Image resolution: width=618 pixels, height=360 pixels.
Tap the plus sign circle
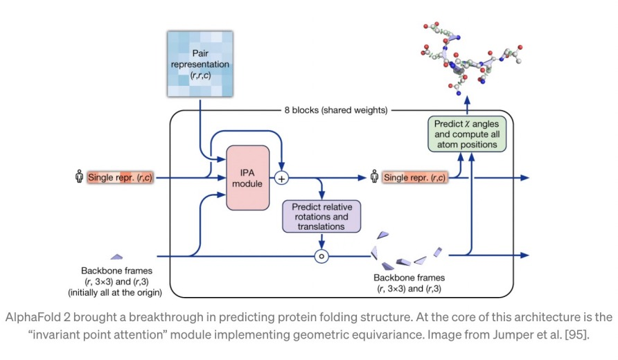(x=281, y=178)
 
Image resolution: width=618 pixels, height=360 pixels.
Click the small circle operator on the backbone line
(x=321, y=256)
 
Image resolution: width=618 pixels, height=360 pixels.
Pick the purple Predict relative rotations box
(x=320, y=215)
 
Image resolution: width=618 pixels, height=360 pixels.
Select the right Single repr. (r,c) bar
(x=415, y=178)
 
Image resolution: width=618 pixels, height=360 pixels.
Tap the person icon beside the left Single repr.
(x=79, y=178)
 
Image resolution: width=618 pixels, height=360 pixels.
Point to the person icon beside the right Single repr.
(x=374, y=178)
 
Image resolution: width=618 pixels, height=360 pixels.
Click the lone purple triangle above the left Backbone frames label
(x=117, y=257)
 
